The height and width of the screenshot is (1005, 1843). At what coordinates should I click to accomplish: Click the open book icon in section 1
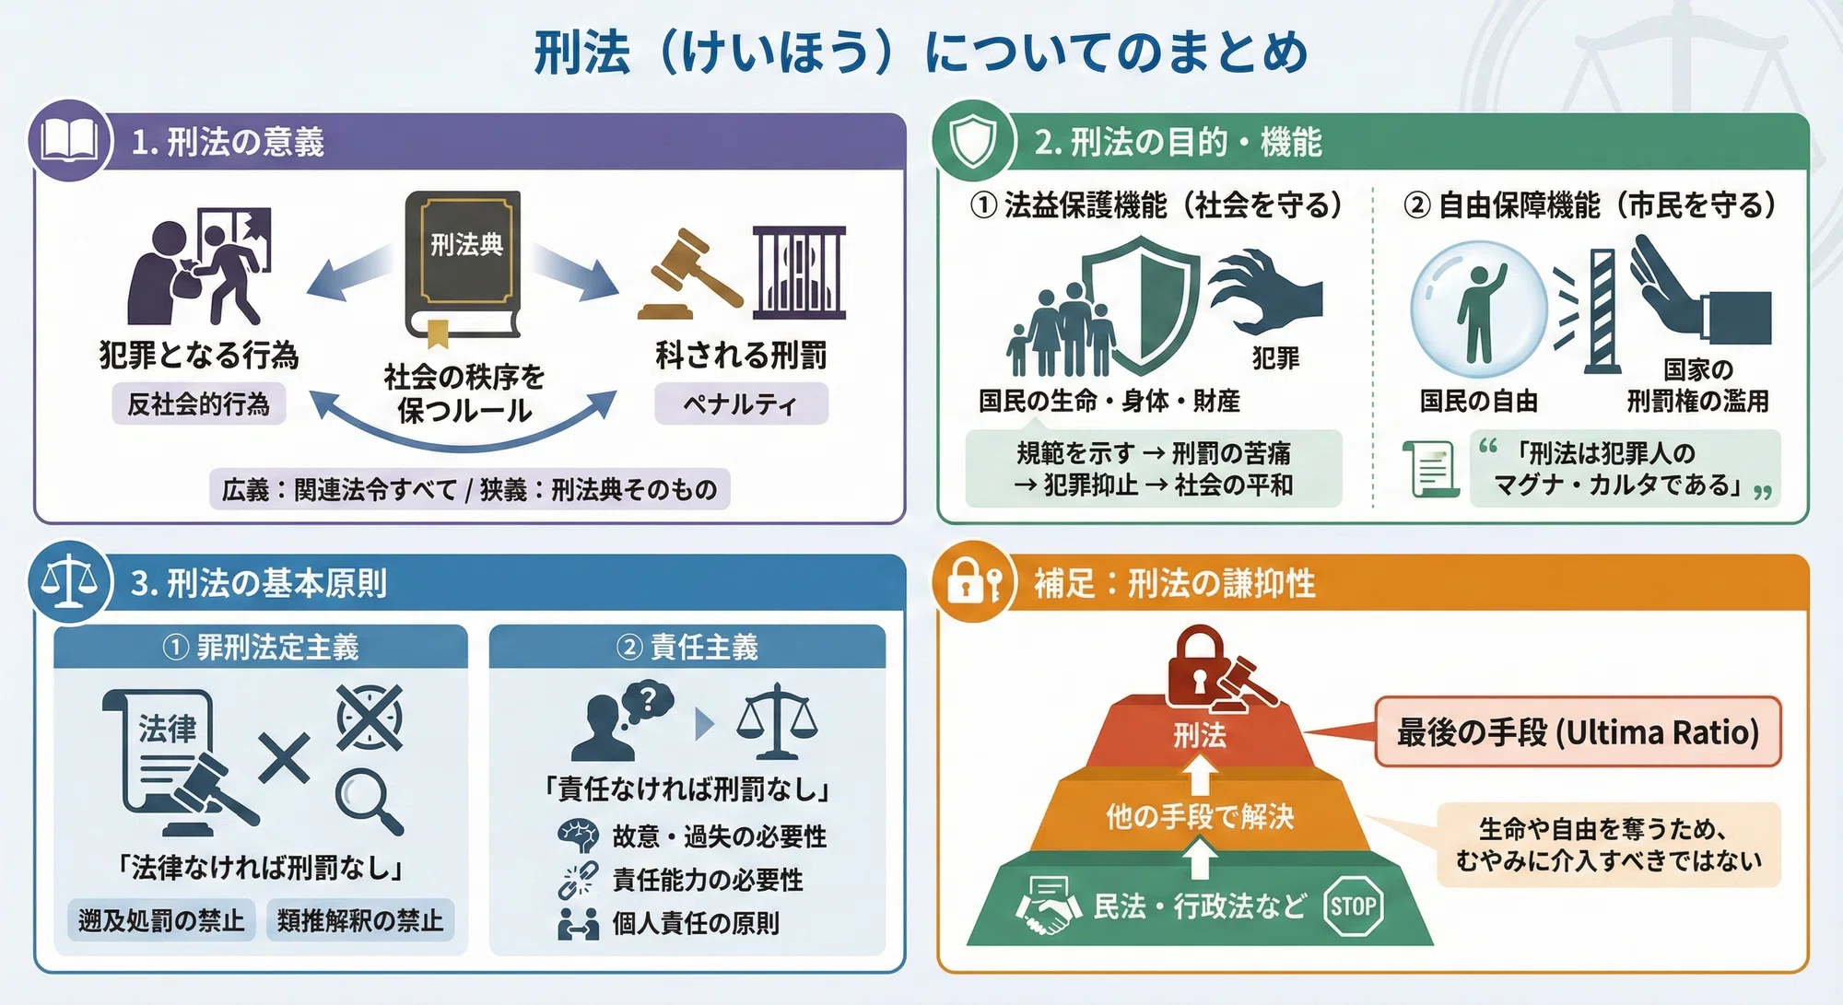coord(70,141)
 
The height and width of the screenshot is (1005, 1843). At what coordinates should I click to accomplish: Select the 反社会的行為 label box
coord(198,403)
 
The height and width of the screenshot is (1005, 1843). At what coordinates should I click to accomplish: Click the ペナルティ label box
coord(741,403)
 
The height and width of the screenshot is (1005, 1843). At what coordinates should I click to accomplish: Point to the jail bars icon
coord(799,272)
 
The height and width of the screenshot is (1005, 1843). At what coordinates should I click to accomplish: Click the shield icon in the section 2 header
coord(972,142)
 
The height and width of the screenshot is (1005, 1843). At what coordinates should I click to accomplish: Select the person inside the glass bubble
coord(1480,313)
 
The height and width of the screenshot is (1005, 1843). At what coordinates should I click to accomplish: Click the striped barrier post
coord(1603,311)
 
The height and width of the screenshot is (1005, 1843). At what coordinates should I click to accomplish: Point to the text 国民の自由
coord(1478,401)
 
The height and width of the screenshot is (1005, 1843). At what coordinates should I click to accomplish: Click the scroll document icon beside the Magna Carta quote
coord(1431,468)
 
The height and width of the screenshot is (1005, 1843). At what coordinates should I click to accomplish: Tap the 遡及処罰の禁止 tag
coord(161,920)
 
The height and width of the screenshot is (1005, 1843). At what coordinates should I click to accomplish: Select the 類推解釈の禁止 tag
coord(360,920)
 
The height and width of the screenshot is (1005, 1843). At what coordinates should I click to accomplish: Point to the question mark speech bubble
coord(649,703)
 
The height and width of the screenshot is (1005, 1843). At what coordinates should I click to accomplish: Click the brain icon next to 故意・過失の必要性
coord(579,836)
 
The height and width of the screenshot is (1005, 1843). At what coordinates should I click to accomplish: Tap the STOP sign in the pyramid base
coord(1353,906)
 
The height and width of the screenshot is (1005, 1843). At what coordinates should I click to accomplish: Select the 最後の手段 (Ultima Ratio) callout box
coord(1578,732)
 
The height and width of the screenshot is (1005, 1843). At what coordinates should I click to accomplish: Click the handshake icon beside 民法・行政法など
coord(1048,906)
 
